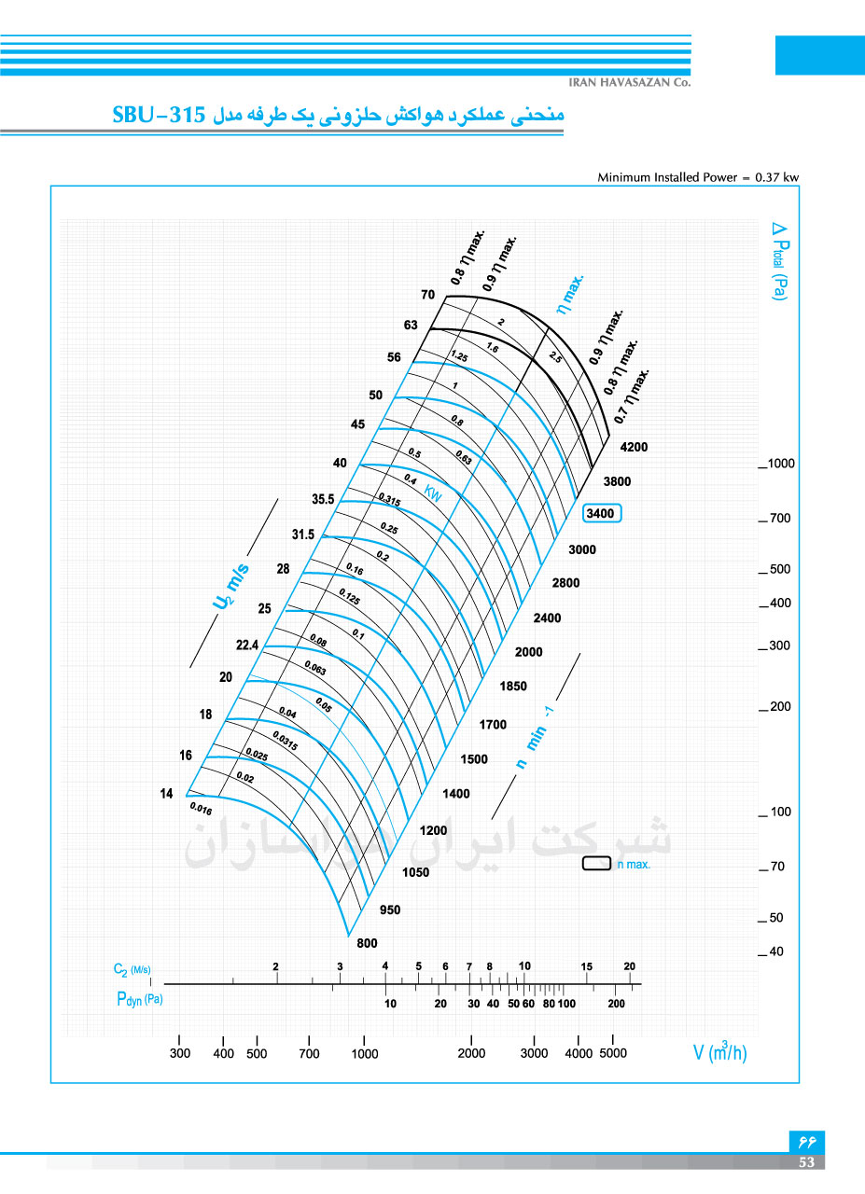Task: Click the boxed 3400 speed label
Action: [602, 513]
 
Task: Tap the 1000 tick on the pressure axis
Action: [781, 464]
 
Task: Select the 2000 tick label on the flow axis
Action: [471, 1053]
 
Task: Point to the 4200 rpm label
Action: [634, 447]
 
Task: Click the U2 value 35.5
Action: [323, 499]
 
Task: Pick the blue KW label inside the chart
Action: [433, 493]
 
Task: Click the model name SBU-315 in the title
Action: [159, 115]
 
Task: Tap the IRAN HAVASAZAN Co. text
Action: [629, 82]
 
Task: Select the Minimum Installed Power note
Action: [698, 177]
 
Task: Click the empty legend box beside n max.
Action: [596, 863]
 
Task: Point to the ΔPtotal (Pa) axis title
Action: [779, 261]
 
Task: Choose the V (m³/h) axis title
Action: [719, 1051]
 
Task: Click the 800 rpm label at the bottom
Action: [367, 943]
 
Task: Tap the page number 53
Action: [806, 1162]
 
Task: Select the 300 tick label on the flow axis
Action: [180, 1053]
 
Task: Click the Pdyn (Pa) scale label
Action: [139, 999]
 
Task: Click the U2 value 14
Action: [166, 793]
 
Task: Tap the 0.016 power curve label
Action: [201, 809]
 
